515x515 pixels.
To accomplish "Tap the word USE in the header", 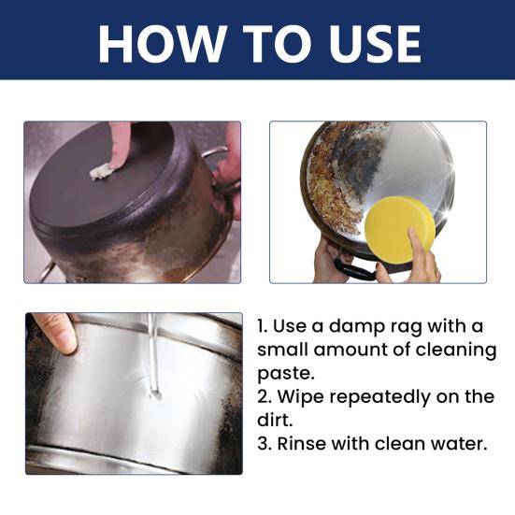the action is pyautogui.click(x=375, y=44).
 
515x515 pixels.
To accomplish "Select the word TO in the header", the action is pyautogui.click(x=279, y=44).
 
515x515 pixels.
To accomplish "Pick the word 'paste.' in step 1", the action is pyautogui.click(x=286, y=375).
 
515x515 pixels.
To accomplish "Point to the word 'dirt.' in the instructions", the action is pyautogui.click(x=275, y=420).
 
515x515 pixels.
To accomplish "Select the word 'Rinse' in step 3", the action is pyautogui.click(x=302, y=444).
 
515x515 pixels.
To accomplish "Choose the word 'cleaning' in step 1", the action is pyautogui.click(x=456, y=350).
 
